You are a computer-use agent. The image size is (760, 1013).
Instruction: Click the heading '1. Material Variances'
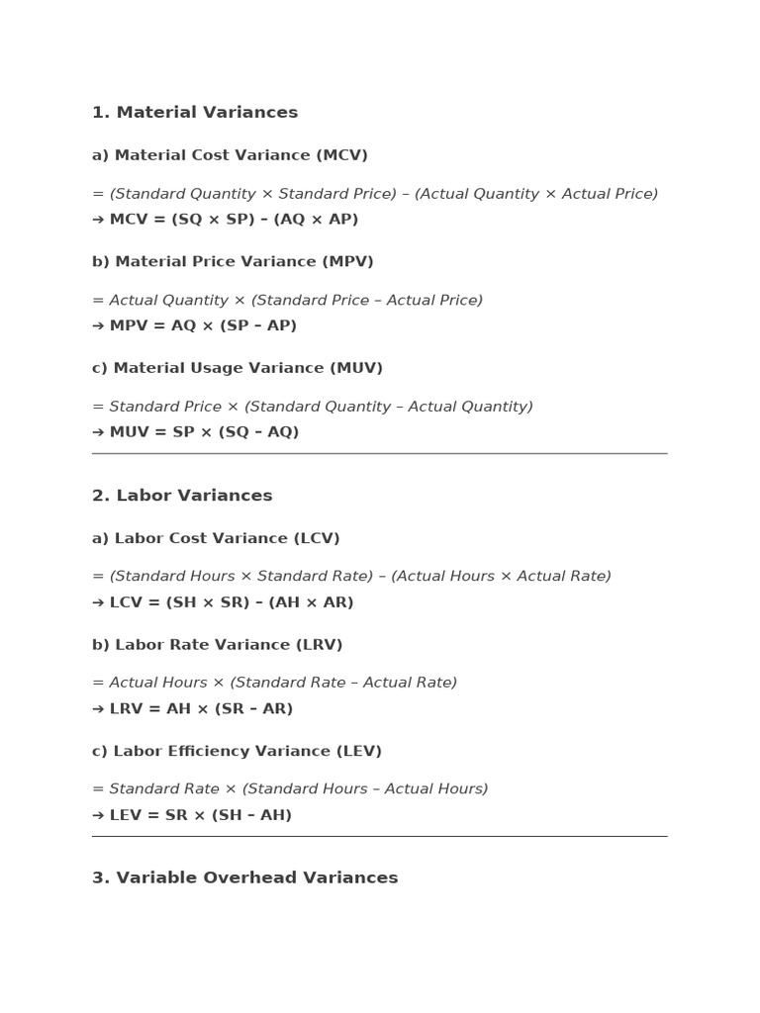click(x=195, y=113)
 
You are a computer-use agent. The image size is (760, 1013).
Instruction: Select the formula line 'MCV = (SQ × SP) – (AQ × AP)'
click(x=234, y=220)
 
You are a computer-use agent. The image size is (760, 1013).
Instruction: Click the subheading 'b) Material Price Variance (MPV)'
click(x=233, y=262)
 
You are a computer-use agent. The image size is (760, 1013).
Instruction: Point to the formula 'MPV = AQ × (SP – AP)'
click(x=203, y=325)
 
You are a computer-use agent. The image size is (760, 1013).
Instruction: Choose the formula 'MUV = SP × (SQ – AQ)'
click(x=204, y=432)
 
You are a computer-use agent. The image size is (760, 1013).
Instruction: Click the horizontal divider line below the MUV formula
click(x=379, y=453)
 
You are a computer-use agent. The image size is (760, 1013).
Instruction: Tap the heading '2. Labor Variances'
click(x=182, y=496)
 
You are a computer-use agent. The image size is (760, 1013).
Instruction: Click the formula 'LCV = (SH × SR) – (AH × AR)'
click(x=232, y=602)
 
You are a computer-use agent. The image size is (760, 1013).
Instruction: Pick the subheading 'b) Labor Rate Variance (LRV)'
click(x=218, y=645)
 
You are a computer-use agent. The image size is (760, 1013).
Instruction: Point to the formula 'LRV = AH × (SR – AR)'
click(x=201, y=709)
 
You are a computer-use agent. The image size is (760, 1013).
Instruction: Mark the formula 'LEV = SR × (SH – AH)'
click(x=201, y=815)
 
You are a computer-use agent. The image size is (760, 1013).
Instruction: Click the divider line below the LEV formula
click(x=379, y=836)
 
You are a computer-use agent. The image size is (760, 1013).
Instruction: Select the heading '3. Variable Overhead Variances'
click(x=245, y=877)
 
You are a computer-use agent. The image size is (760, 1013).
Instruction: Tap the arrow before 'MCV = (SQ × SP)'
click(x=98, y=220)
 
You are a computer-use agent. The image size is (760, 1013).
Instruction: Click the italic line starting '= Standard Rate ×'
click(x=290, y=789)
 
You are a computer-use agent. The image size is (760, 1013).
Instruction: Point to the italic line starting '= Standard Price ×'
click(x=313, y=407)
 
